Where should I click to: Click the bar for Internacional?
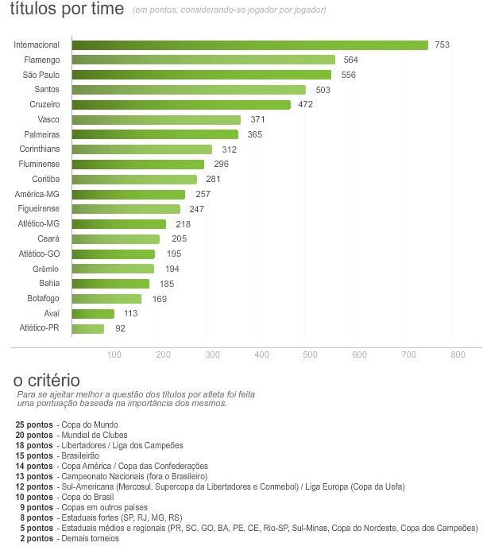pyautogui.click(x=249, y=45)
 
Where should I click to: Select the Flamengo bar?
pyautogui.click(x=203, y=60)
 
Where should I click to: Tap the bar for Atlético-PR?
pyautogui.click(x=87, y=328)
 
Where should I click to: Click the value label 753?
pyautogui.click(x=442, y=45)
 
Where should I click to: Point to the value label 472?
pyautogui.click(x=305, y=105)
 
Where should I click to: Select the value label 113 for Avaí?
pyautogui.click(x=131, y=314)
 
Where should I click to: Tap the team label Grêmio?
pyautogui.click(x=45, y=269)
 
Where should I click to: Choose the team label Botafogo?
pyautogui.click(x=42, y=299)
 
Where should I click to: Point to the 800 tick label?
pyautogui.click(x=458, y=355)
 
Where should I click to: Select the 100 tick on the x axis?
pyautogui.click(x=114, y=355)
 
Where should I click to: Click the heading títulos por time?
pyautogui.click(x=68, y=10)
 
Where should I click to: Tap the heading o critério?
pyautogui.click(x=47, y=381)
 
